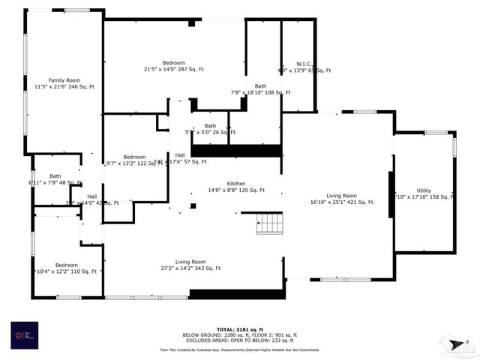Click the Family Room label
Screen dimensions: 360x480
64,83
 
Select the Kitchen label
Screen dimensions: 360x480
236,187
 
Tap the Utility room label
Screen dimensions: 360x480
424,193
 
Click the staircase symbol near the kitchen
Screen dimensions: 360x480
268,223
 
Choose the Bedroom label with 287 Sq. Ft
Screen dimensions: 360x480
173,65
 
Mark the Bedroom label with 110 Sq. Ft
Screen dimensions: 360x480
66,268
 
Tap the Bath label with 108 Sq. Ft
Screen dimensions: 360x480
260,89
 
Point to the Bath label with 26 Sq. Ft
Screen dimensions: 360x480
210,129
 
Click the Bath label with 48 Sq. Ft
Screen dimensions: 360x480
55,179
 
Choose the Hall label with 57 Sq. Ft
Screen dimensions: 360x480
180,158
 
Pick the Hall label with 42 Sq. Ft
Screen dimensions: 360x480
91,199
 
